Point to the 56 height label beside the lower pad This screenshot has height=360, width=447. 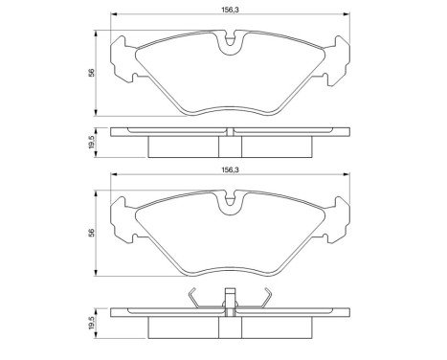click(91, 233)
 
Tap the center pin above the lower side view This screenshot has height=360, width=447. click(229, 296)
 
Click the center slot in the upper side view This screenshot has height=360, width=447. click(229, 145)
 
